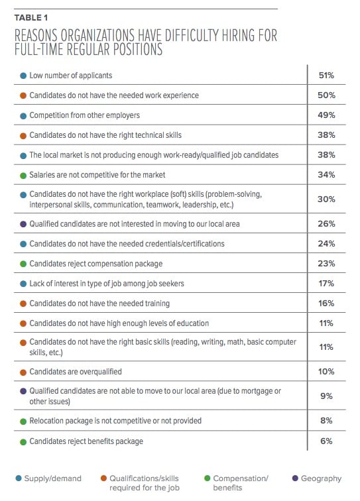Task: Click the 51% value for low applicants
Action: coord(326,76)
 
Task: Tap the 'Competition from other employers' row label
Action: coord(84,115)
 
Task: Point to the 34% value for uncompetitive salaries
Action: coord(326,174)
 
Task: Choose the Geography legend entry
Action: coord(316,478)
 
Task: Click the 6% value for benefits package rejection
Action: coord(326,441)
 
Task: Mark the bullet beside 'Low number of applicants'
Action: coord(23,76)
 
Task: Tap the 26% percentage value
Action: coord(326,224)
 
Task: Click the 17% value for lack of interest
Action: coord(326,284)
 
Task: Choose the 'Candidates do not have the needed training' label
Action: coord(98,304)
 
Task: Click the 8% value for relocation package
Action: coord(326,421)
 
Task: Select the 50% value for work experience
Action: coord(326,95)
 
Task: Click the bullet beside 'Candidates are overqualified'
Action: coord(23,372)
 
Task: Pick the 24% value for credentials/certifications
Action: coord(326,244)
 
